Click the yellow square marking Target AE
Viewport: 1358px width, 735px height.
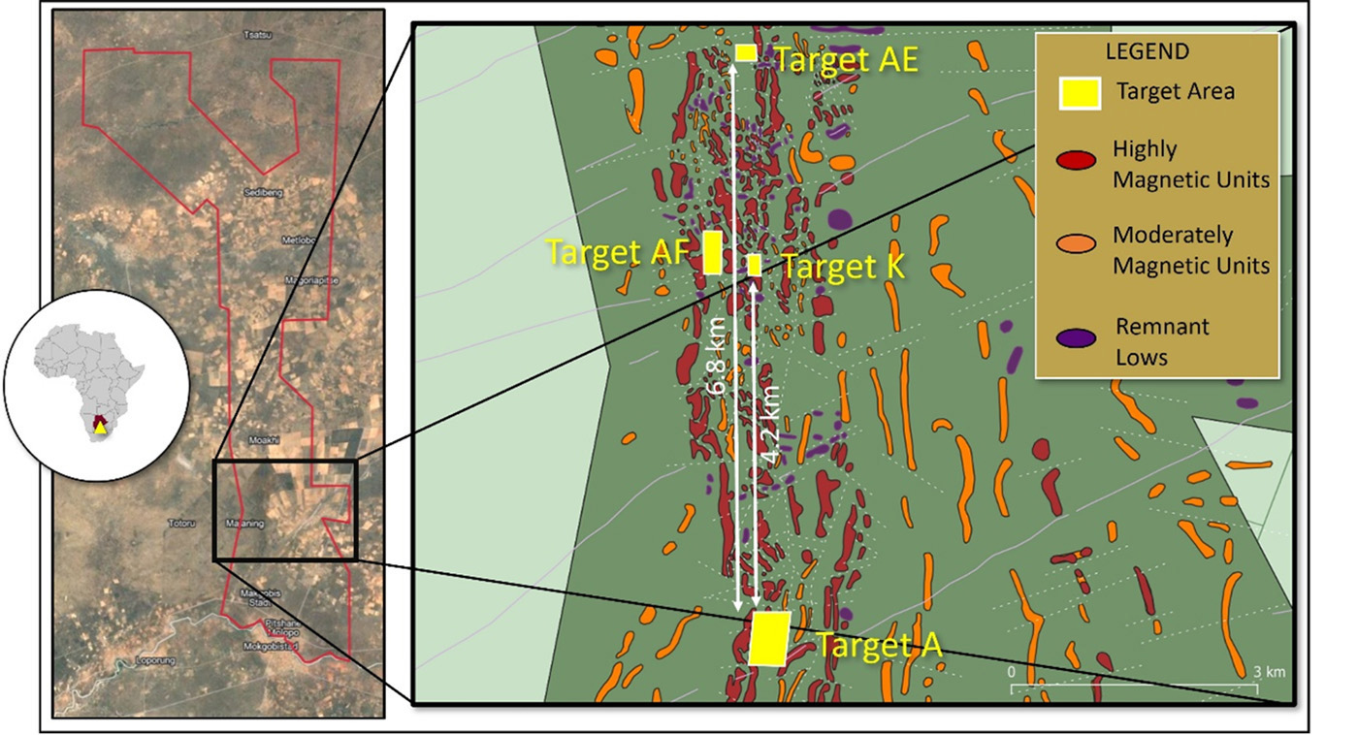[745, 52]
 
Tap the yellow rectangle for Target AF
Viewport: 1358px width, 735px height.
[712, 252]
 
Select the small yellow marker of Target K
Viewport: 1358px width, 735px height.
[754, 264]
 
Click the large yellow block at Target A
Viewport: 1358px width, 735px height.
[769, 638]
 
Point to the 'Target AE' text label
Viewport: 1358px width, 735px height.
[846, 60]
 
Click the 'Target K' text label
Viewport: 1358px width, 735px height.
[843, 267]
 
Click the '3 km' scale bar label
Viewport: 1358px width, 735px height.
[1268, 672]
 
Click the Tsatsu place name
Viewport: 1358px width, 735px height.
[256, 34]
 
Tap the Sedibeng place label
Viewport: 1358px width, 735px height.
[265, 193]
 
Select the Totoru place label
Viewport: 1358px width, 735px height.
[183, 524]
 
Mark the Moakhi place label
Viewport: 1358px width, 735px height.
[263, 439]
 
